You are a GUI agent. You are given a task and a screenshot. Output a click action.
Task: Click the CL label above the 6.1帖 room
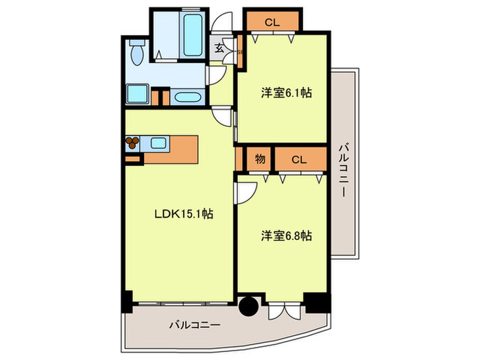[272, 22]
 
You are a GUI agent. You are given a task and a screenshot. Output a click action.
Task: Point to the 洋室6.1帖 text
[286, 93]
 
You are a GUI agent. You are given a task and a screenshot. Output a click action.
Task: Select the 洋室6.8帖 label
[286, 235]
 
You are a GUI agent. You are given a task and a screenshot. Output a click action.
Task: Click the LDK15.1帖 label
[182, 214]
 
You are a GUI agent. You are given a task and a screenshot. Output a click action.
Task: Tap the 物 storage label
[260, 159]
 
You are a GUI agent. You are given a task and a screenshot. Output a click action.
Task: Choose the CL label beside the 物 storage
[298, 159]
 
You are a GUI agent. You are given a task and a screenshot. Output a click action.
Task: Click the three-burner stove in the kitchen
[132, 143]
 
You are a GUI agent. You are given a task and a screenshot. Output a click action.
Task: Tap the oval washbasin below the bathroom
[187, 96]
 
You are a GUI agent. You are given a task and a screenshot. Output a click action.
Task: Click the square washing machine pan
[139, 94]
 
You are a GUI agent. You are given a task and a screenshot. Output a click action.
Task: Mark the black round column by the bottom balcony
[249, 306]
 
